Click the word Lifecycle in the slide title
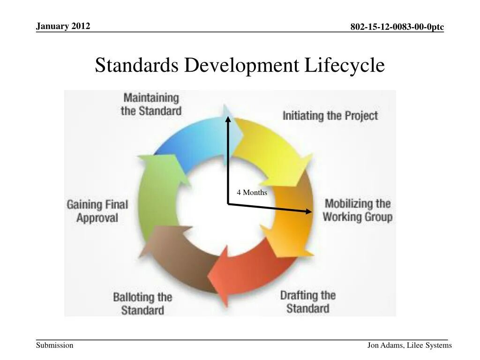[345, 65]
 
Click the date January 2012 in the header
[63, 26]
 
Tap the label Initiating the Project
[330, 115]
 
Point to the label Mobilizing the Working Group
[358, 210]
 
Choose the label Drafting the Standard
[308, 302]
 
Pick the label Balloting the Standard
[142, 304]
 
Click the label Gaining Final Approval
[97, 211]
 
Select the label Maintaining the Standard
[151, 104]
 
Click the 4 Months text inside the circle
[252, 193]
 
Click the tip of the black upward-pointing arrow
[228, 117]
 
